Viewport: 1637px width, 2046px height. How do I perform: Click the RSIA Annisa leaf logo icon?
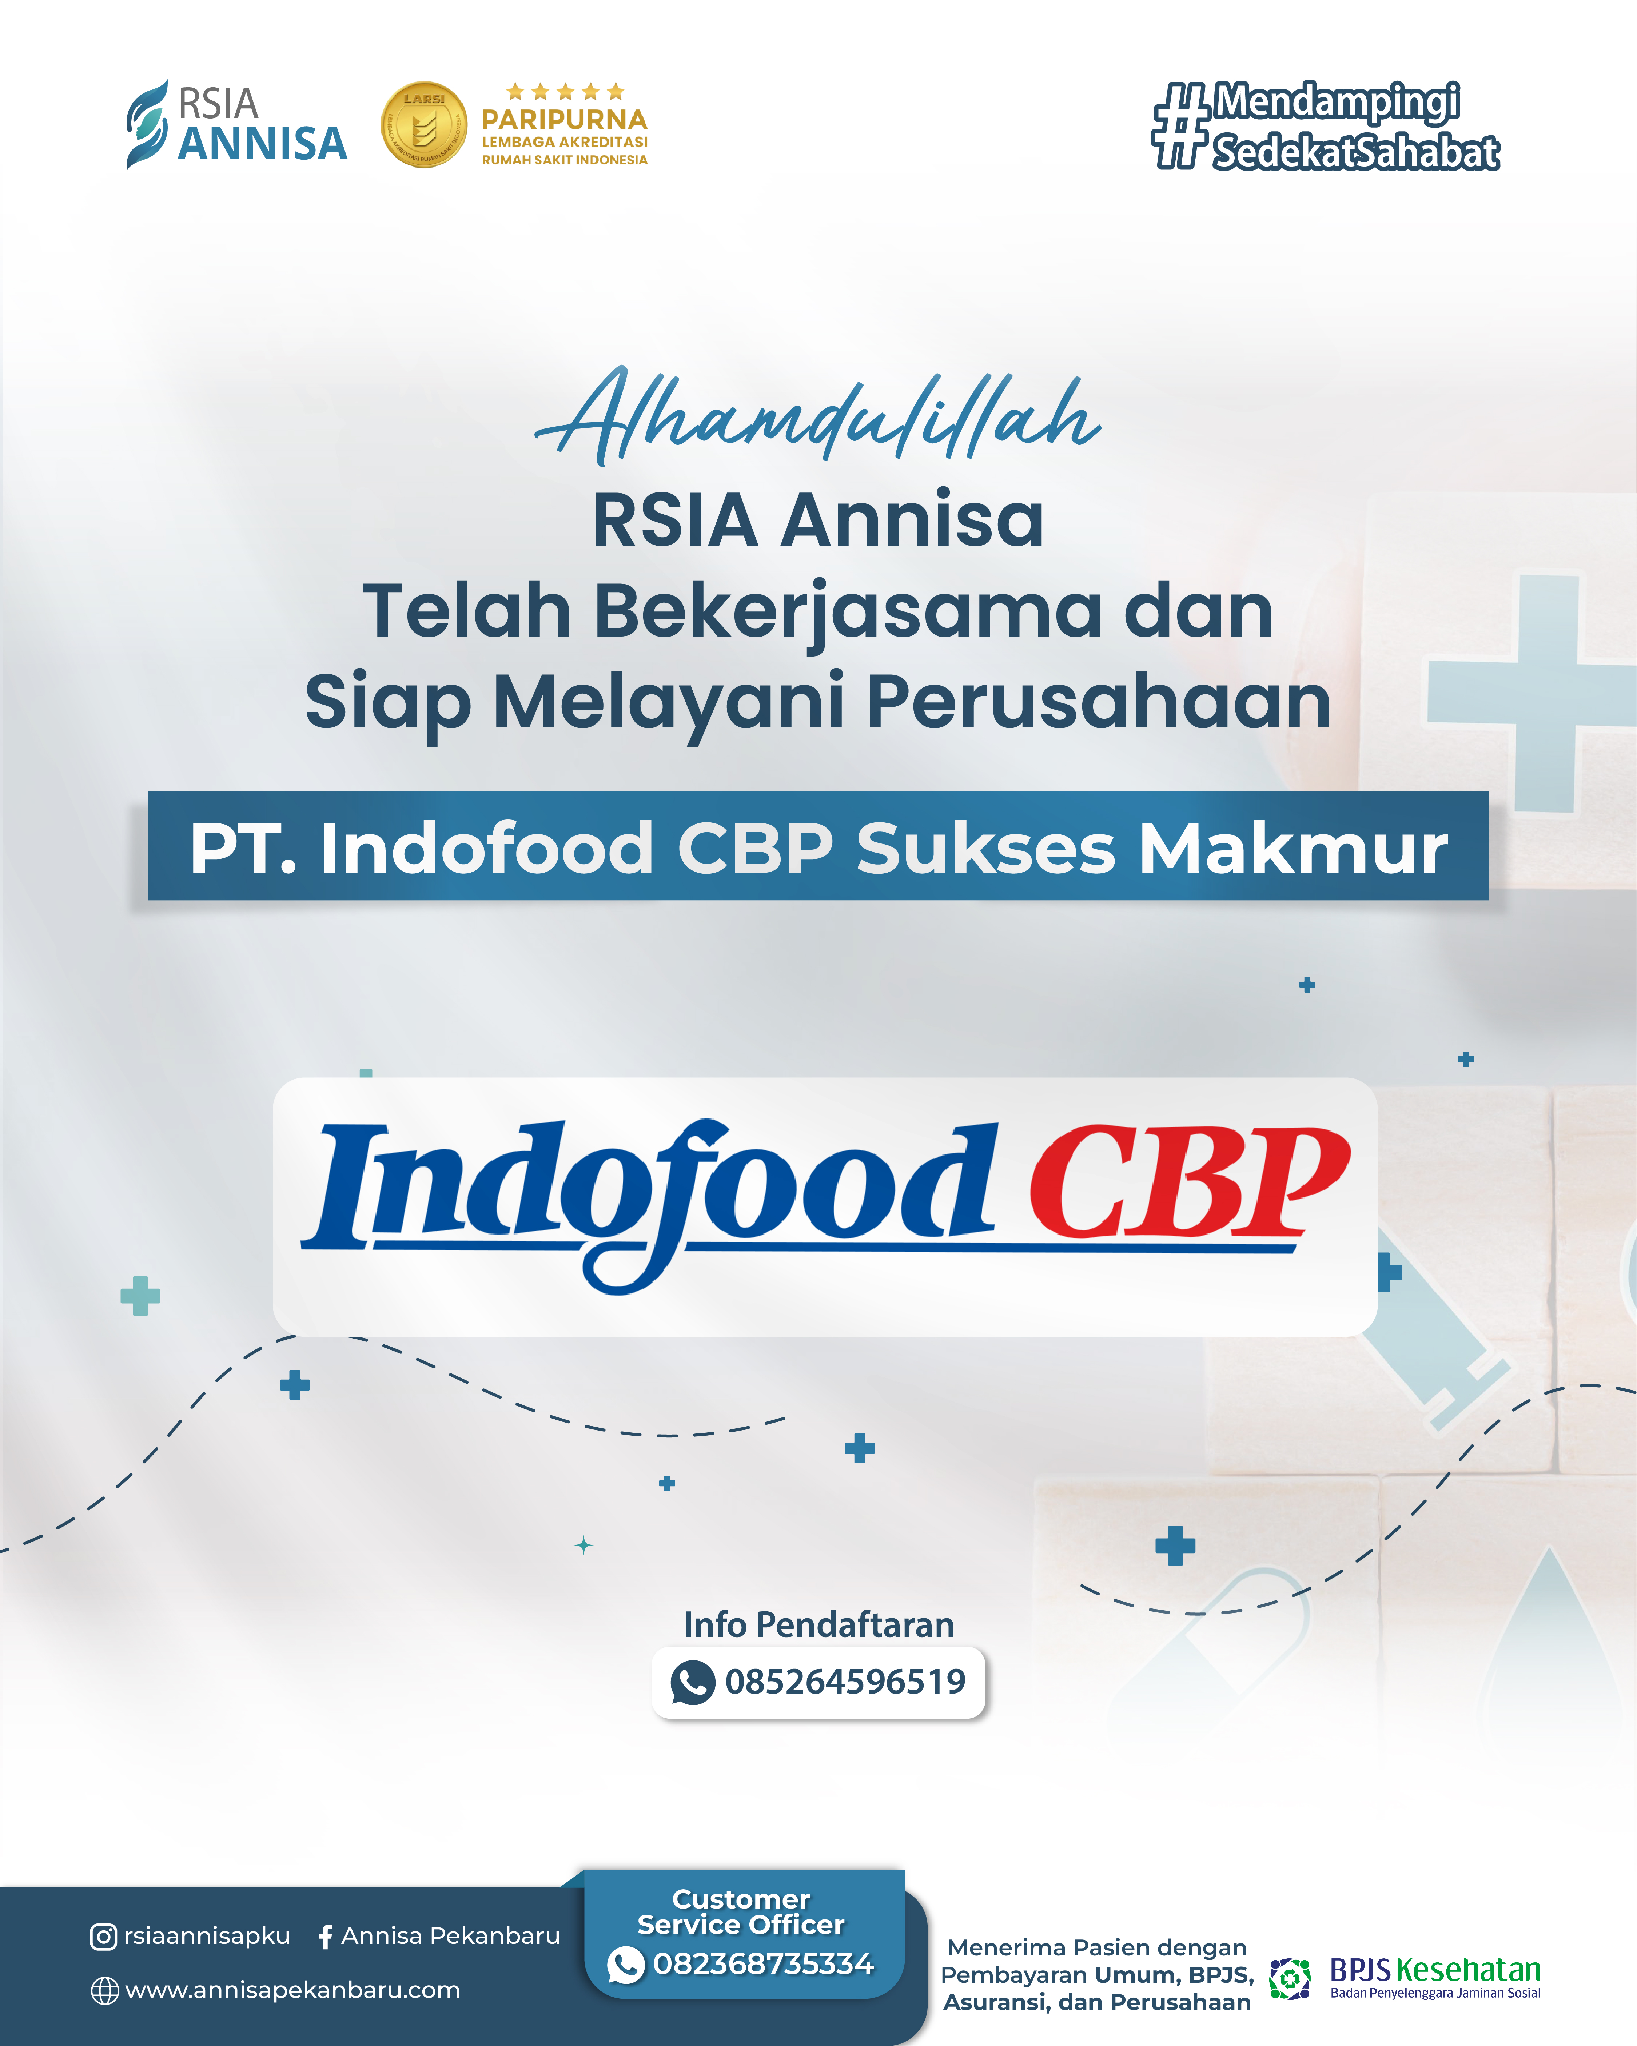click(147, 124)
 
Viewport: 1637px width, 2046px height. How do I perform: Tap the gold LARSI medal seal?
click(424, 124)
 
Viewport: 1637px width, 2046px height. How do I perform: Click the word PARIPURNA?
click(565, 120)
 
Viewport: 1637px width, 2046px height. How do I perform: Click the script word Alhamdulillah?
click(818, 416)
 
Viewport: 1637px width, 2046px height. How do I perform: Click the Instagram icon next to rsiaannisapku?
click(103, 1937)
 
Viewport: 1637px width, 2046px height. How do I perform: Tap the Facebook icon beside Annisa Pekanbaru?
click(326, 1937)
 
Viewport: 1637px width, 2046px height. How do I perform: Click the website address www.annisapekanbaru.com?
click(292, 1990)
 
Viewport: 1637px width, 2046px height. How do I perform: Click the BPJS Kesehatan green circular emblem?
click(1290, 1979)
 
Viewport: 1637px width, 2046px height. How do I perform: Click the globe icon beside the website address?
click(104, 1991)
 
